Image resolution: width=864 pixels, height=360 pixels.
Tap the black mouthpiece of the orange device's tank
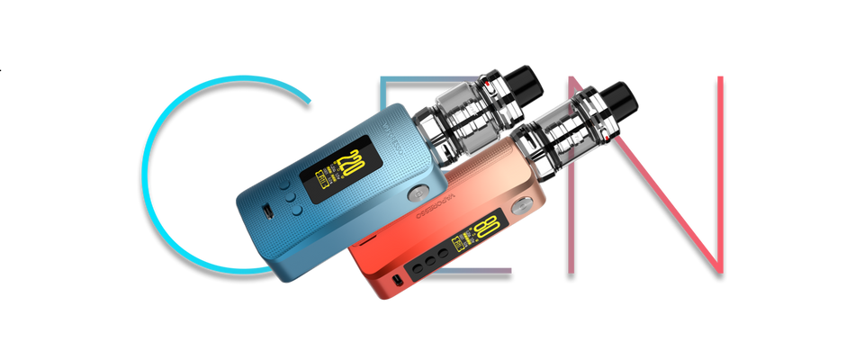(x=616, y=95)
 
